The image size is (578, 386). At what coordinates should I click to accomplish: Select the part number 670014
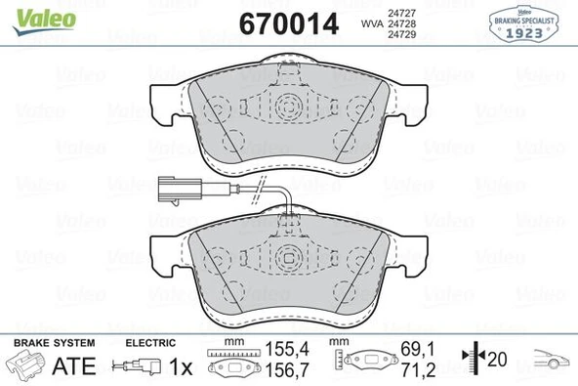289,23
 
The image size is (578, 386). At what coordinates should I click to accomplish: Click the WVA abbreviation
371,23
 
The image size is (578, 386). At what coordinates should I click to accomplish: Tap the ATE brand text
80,366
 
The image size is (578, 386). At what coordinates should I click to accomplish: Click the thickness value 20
497,361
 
